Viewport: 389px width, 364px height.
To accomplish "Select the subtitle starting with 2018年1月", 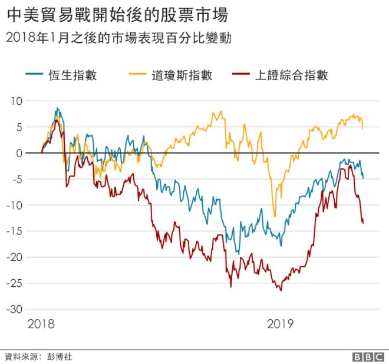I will (117, 39).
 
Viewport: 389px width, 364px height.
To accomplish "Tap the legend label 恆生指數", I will (73, 75).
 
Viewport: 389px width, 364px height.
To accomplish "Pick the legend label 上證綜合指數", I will (292, 75).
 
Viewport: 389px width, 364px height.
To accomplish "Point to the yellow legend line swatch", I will (137, 75).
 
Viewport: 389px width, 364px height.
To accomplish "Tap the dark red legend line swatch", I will (241, 75).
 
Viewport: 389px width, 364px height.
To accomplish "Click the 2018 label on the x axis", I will (41, 324).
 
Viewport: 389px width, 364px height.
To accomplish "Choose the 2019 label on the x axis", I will (281, 324).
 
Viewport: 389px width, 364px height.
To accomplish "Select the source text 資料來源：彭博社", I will (39, 356).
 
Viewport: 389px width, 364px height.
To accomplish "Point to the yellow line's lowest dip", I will (275, 216).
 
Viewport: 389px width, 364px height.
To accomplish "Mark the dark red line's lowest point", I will (281, 290).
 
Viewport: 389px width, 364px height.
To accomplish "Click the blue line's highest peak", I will (57, 108).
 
